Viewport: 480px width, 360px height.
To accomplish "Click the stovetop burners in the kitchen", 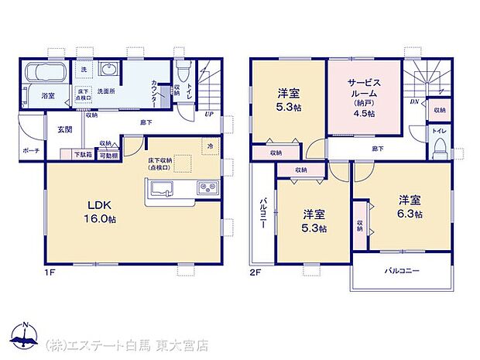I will tap(207, 188).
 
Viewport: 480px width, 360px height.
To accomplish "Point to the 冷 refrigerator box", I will tap(209, 145).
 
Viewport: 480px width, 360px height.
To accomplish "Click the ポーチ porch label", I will tap(32, 151).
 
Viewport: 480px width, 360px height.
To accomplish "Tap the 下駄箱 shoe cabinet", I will tap(82, 155).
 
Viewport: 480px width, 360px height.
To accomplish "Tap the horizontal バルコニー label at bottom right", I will tap(402, 273).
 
